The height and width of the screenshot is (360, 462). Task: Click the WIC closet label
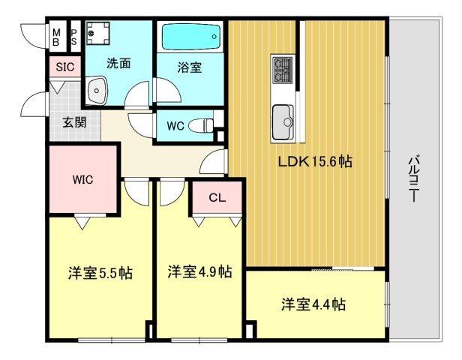(82, 180)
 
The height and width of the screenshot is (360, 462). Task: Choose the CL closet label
(217, 198)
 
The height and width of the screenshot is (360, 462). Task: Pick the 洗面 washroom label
(118, 63)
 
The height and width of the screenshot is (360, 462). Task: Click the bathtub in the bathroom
(190, 34)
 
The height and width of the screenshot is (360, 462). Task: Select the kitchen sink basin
(283, 118)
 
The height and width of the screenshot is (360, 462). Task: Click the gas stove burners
(283, 70)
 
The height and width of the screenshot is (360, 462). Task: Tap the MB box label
(57, 35)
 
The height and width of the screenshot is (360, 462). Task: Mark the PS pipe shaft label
(74, 35)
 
